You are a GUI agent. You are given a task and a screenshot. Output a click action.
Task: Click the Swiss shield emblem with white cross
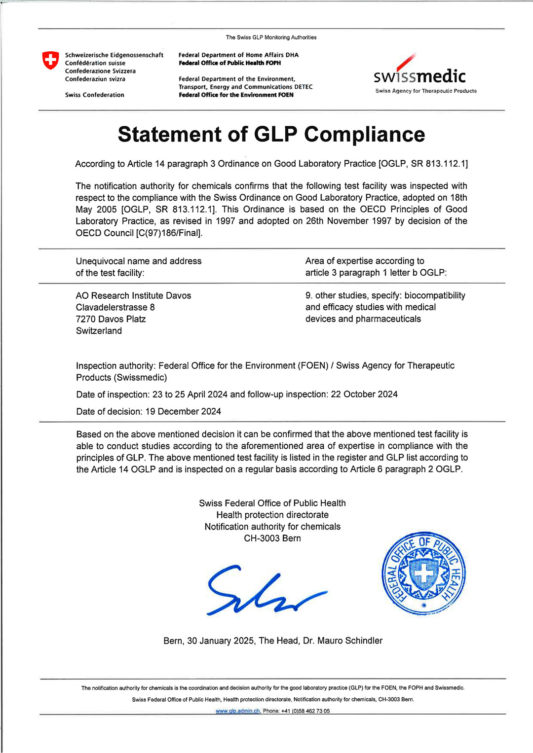point(50,60)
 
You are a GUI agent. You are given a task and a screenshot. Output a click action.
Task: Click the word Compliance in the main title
point(364,135)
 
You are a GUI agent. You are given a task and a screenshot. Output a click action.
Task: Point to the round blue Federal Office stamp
point(423,574)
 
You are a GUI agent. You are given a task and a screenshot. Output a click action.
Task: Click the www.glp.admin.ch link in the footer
point(237,711)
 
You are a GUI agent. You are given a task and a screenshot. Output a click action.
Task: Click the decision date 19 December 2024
point(183,411)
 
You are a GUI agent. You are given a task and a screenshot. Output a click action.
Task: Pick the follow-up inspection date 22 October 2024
point(364,394)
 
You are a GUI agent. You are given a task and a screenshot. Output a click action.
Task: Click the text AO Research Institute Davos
point(133,296)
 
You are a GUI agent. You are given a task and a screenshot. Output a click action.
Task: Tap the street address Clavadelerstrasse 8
point(115,307)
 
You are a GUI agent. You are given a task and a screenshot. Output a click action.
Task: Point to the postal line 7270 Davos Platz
point(111,319)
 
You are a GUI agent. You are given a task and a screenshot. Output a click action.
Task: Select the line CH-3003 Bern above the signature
point(272,538)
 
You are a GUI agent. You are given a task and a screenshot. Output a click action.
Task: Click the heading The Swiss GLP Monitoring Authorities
point(271,37)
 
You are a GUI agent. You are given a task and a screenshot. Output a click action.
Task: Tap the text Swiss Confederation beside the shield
point(95,95)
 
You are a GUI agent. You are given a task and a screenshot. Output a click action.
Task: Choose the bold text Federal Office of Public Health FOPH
point(229,63)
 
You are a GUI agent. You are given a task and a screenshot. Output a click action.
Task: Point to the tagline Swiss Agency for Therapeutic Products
point(426,91)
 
